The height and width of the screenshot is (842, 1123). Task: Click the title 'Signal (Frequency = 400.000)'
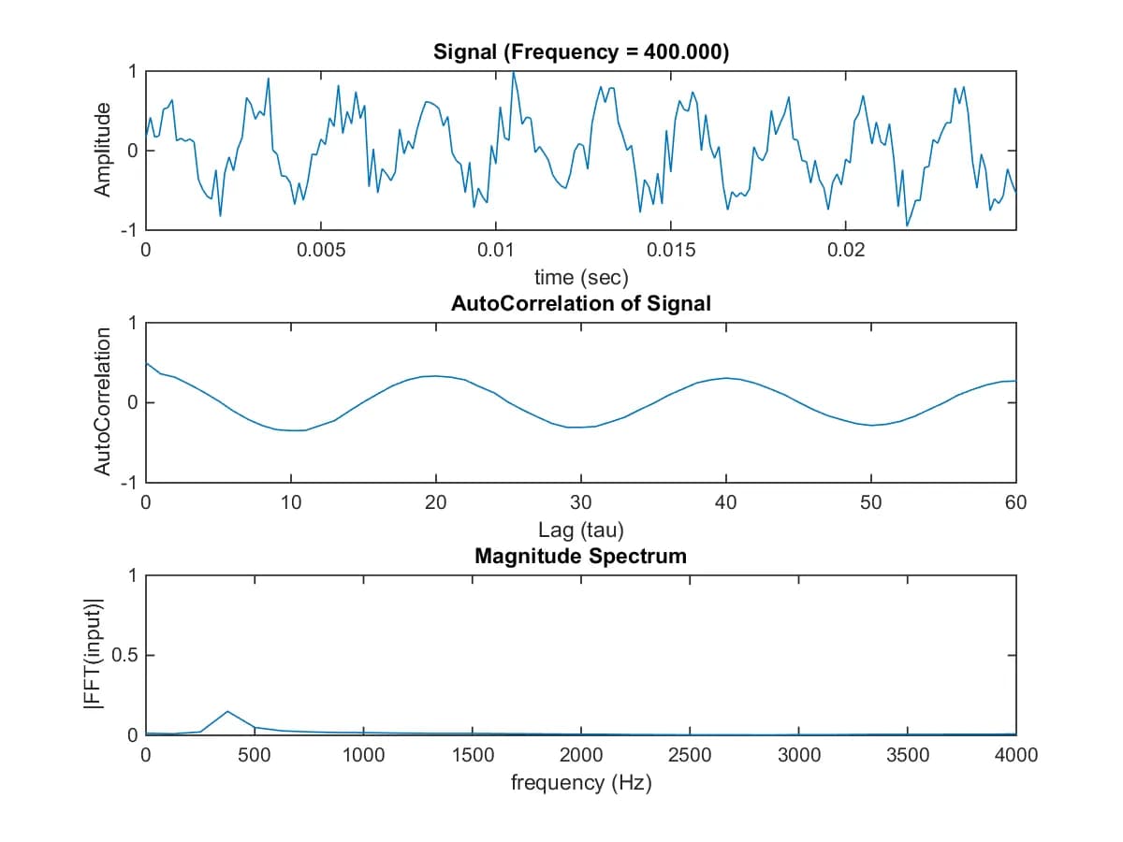click(x=580, y=52)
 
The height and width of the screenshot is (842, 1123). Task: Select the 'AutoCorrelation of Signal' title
click(x=580, y=304)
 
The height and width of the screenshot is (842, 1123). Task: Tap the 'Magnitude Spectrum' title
click(x=580, y=556)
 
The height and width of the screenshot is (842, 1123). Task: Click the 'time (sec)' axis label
click(x=580, y=277)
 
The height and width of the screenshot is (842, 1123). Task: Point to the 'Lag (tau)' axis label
click(x=580, y=530)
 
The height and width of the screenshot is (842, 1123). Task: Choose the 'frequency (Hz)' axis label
click(x=580, y=782)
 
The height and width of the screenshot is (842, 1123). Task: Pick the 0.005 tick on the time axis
click(x=321, y=251)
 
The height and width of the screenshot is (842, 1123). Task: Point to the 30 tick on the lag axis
click(x=580, y=502)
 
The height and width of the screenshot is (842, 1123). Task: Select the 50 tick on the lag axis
click(x=870, y=502)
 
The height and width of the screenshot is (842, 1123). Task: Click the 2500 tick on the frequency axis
click(x=690, y=755)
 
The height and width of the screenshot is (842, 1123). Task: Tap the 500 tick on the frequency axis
click(x=255, y=755)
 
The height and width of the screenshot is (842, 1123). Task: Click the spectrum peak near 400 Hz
click(x=227, y=711)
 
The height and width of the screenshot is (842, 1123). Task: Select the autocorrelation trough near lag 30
click(x=580, y=427)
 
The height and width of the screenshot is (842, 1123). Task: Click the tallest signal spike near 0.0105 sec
click(x=513, y=72)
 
